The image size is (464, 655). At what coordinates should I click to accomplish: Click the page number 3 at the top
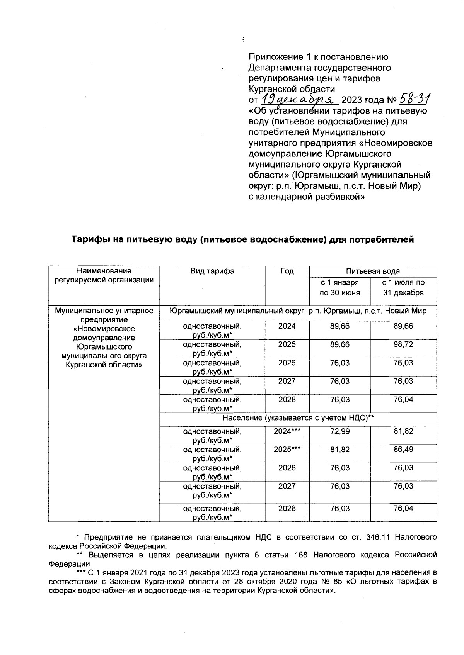point(242,39)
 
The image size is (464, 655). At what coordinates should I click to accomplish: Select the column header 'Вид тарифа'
point(212,271)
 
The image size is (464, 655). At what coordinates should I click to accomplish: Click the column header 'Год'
point(287,271)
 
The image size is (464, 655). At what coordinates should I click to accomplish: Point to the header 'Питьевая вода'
point(373,271)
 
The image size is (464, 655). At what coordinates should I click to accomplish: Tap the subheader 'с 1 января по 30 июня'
point(339,288)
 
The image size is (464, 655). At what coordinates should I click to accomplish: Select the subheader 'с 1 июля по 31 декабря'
point(403,288)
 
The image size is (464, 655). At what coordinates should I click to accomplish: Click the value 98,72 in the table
point(403,344)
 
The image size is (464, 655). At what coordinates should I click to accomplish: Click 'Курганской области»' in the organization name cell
point(104,365)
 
